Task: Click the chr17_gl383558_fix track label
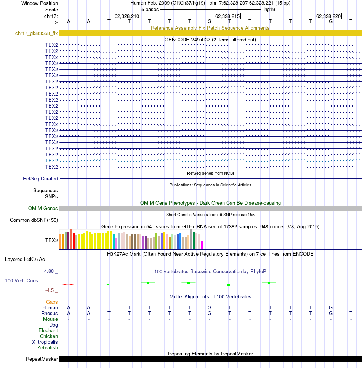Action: pyautogui.click(x=37, y=33)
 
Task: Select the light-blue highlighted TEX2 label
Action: pyautogui.click(x=51, y=161)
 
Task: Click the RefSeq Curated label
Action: pyautogui.click(x=40, y=178)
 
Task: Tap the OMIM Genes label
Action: pyautogui.click(x=43, y=209)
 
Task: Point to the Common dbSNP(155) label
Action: pyautogui.click(x=34, y=220)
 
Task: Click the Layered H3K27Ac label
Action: pyautogui.click(x=25, y=259)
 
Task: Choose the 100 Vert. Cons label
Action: pyautogui.click(x=21, y=281)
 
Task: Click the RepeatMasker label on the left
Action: pyautogui.click(x=42, y=359)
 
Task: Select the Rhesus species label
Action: pyautogui.click(x=50, y=313)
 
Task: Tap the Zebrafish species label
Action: pyautogui.click(x=48, y=347)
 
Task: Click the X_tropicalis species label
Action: pyautogui.click(x=45, y=342)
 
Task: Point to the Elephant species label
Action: pyautogui.click(x=48, y=330)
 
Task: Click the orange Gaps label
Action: pyautogui.click(x=52, y=302)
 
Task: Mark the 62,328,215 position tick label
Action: pyautogui.click(x=227, y=16)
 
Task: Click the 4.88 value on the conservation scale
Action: pyautogui.click(x=49, y=271)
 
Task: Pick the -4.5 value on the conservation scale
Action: pyautogui.click(x=50, y=290)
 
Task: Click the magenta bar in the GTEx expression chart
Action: pyautogui.click(x=202, y=245)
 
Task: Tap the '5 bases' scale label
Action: pyautogui.click(x=150, y=10)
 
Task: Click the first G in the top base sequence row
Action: pyautogui.click(x=210, y=22)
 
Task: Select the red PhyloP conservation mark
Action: pyautogui.click(x=68, y=284)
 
